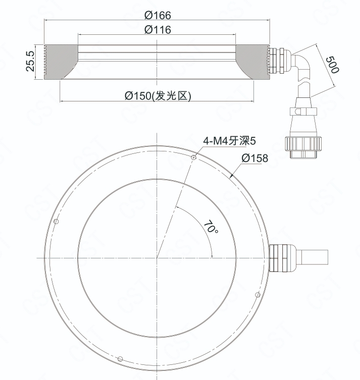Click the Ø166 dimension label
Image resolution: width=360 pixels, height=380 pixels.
[158, 15]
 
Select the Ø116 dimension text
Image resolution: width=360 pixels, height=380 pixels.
[158, 30]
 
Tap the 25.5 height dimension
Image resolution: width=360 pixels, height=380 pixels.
[30, 61]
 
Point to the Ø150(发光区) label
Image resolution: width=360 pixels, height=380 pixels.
[158, 96]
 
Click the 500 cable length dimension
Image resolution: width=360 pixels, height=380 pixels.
[332, 65]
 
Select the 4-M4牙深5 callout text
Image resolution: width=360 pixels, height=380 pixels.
[229, 141]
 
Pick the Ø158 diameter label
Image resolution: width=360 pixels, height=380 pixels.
[255, 158]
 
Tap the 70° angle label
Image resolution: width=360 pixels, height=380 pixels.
[211, 227]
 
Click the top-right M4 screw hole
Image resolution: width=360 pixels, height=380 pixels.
[193, 157]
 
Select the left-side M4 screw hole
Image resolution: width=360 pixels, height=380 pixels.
[56, 221]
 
